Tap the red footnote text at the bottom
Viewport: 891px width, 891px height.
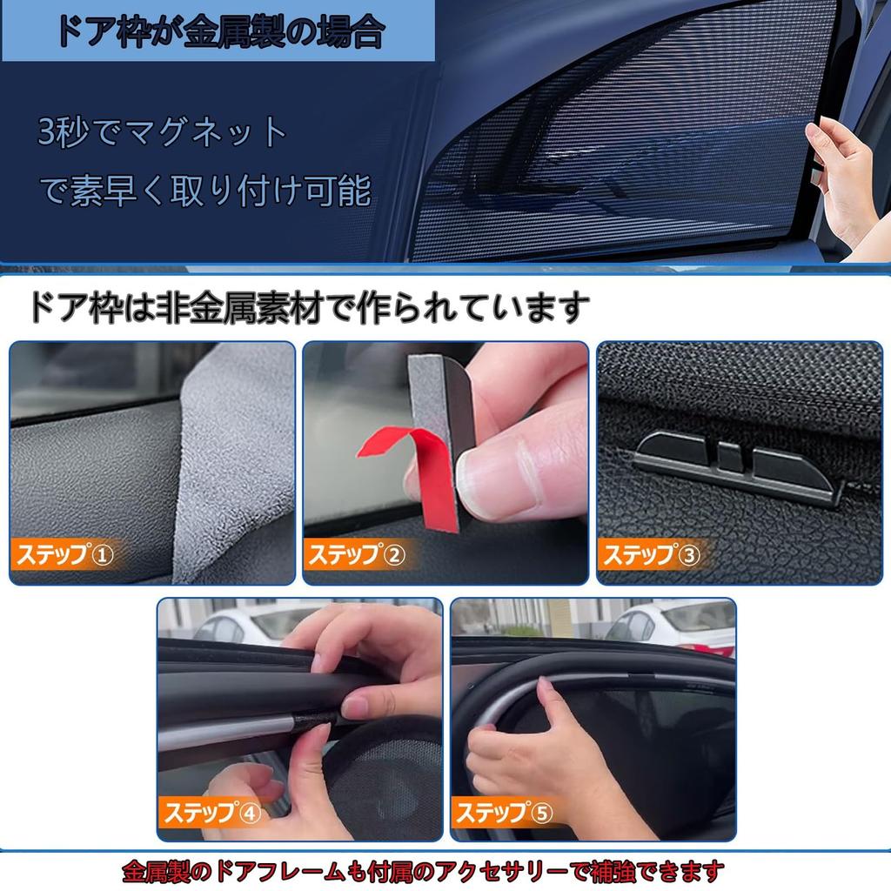click(423, 869)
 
